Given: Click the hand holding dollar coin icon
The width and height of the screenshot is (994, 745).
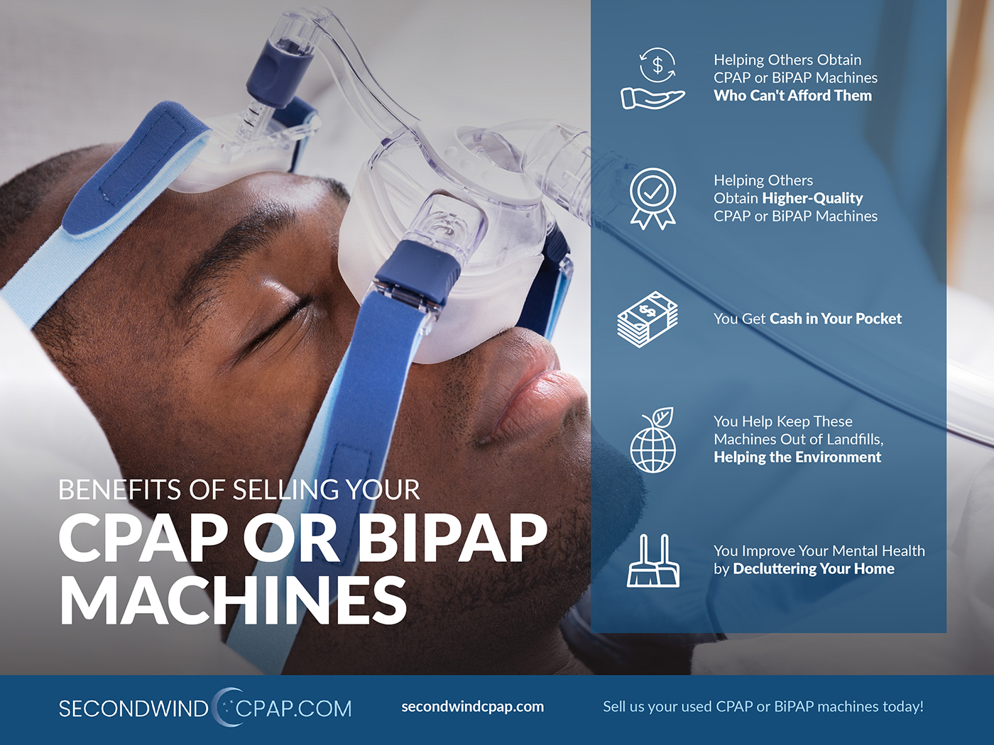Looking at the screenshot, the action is click(652, 78).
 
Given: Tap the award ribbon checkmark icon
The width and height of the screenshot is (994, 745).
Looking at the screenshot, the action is click(652, 199).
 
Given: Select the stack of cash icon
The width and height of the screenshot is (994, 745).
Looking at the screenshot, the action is click(648, 319).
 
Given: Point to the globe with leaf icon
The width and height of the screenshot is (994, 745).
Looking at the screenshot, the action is click(653, 440).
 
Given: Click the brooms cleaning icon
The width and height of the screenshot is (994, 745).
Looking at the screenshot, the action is click(653, 561).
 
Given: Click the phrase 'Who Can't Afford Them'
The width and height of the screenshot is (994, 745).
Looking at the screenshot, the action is click(792, 96).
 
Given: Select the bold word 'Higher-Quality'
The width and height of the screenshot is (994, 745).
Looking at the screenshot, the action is click(812, 198).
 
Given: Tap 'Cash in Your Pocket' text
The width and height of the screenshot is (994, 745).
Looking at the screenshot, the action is click(836, 319).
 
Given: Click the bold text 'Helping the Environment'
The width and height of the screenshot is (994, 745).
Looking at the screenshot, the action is click(797, 458).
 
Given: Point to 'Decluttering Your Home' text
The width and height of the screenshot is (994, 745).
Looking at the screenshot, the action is click(814, 569).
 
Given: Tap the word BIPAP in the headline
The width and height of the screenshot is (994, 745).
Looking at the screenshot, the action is click(453, 539).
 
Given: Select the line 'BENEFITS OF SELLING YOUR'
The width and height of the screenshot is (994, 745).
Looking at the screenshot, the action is click(239, 490).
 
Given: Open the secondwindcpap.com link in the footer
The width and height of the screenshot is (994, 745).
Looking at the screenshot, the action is click(472, 707).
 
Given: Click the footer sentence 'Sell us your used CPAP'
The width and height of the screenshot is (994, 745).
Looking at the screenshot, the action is click(763, 707).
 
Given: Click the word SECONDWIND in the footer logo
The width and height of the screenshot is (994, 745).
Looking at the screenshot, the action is click(133, 709).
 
